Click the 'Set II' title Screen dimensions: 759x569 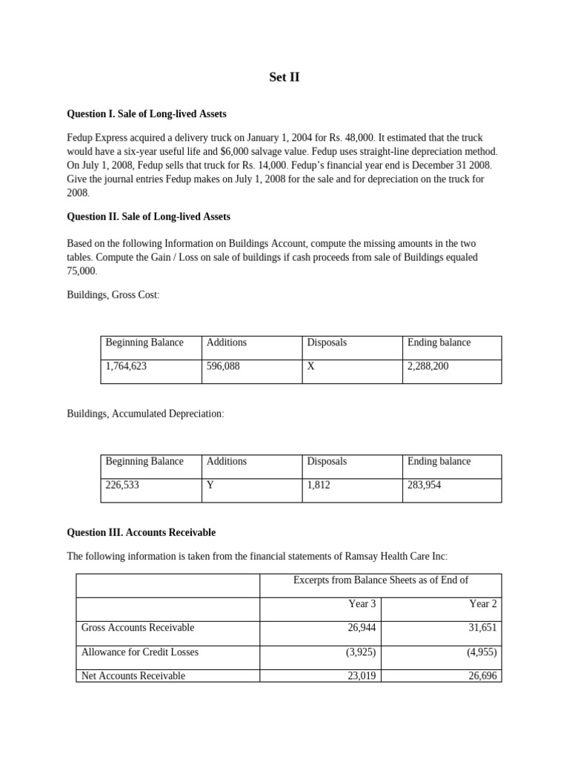[284, 77]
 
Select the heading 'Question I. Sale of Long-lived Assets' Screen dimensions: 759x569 [147, 114]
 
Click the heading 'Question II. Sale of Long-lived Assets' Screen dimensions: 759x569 [148, 216]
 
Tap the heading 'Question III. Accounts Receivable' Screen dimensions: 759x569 [141, 532]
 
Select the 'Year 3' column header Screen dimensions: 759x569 [362, 604]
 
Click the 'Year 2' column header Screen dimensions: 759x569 [483, 604]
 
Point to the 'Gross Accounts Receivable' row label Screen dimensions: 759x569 [138, 628]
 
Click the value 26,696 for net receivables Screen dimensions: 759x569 [482, 675]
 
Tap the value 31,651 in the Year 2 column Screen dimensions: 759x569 [482, 628]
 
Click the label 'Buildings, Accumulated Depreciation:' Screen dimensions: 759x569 [145, 414]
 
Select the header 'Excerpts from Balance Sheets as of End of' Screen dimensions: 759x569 [381, 580]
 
